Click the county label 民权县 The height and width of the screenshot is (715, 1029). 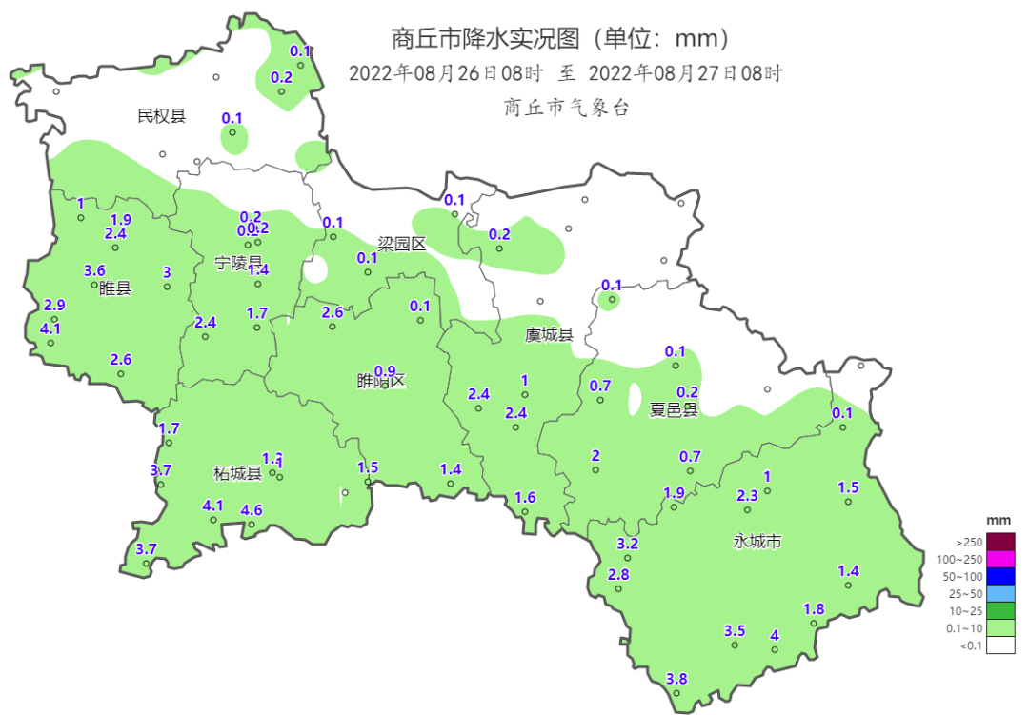161,116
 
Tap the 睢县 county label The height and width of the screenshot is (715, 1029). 114,288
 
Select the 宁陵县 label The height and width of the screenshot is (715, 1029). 238,263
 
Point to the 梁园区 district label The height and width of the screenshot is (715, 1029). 401,244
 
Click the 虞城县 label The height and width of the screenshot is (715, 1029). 549,334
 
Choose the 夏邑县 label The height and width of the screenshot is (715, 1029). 674,409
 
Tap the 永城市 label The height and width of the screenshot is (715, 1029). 757,541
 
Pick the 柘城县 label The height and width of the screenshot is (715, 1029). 237,473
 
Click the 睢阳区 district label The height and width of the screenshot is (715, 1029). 381,382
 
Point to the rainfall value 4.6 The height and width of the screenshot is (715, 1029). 252,510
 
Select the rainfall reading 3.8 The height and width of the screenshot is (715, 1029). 676,679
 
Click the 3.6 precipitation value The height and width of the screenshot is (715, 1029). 94,270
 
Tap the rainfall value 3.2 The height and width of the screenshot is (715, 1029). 627,544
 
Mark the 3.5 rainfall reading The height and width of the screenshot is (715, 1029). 735,630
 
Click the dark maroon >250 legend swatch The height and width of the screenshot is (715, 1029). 1000,541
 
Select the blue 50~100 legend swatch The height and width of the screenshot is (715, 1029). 1000,576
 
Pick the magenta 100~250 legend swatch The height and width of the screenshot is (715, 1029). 1000,559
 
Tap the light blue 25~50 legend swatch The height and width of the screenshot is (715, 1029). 1000,593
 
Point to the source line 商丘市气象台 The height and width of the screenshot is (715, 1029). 566,108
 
